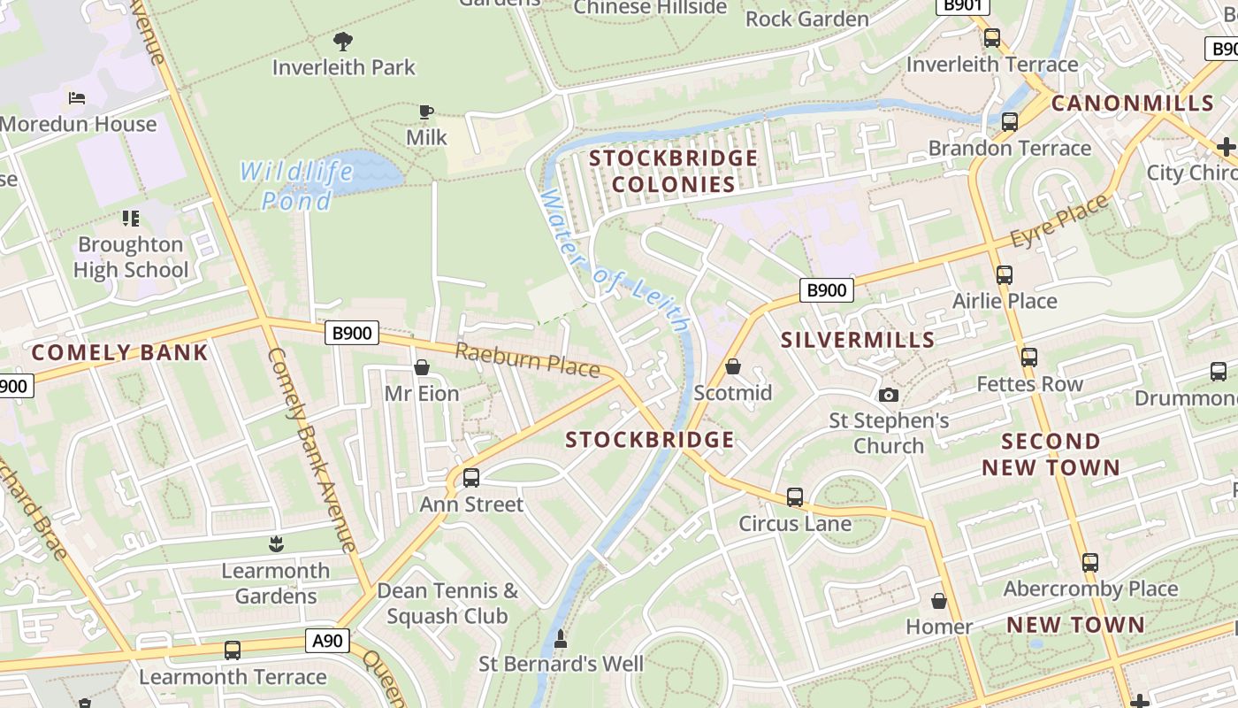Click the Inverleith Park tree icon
pyautogui.click(x=342, y=41)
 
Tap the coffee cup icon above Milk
pyautogui.click(x=426, y=112)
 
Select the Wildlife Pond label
pyautogui.click(x=296, y=185)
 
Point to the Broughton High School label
pyautogui.click(x=131, y=257)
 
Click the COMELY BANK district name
pyautogui.click(x=119, y=352)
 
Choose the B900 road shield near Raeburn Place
pyautogui.click(x=353, y=334)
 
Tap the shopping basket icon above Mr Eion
pyautogui.click(x=422, y=367)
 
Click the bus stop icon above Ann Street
pyautogui.click(x=471, y=478)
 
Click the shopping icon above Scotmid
pyautogui.click(x=733, y=366)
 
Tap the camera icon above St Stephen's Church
pyautogui.click(x=889, y=395)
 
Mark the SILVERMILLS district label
pyautogui.click(x=858, y=340)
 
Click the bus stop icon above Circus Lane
pyautogui.click(x=795, y=497)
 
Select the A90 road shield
pyautogui.click(x=327, y=641)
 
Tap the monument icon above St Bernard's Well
pyautogui.click(x=560, y=638)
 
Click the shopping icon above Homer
pyautogui.click(x=939, y=601)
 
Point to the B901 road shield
pyautogui.click(x=963, y=5)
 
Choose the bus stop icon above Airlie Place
pyautogui.click(x=1004, y=275)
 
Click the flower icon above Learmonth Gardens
pyautogui.click(x=276, y=544)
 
